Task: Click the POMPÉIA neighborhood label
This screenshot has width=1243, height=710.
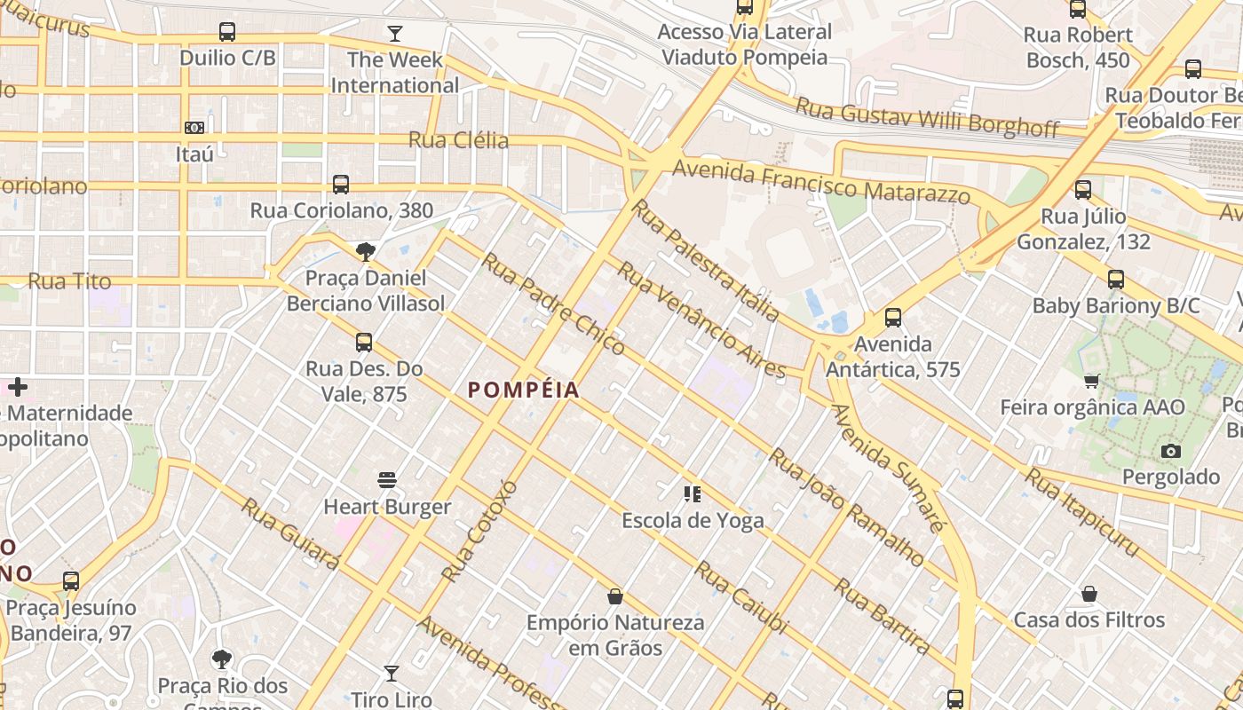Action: pyautogui.click(x=523, y=390)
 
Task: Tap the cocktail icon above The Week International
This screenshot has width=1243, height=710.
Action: pyautogui.click(x=395, y=34)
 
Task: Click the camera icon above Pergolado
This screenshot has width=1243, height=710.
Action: pyautogui.click(x=1171, y=451)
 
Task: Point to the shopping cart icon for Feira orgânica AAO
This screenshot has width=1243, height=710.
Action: pyautogui.click(x=1092, y=382)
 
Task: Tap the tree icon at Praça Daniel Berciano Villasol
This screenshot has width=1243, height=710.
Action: pyautogui.click(x=365, y=252)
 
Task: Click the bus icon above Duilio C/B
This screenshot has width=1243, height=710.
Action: pyautogui.click(x=227, y=32)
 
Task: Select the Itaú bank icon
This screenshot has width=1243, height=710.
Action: pyautogui.click(x=194, y=128)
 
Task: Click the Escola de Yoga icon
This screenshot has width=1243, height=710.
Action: pyautogui.click(x=693, y=494)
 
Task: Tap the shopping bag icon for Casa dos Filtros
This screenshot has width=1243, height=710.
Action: pyautogui.click(x=1089, y=594)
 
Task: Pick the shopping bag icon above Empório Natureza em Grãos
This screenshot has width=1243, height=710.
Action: pyautogui.click(x=614, y=596)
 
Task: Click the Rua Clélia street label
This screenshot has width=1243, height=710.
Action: pyautogui.click(x=458, y=140)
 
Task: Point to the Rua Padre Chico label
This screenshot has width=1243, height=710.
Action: pyautogui.click(x=552, y=303)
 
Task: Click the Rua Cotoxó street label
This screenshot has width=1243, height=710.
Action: pyautogui.click(x=479, y=531)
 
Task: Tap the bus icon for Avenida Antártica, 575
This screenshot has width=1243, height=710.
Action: pyautogui.click(x=893, y=318)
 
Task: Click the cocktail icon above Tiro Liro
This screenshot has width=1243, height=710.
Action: pyautogui.click(x=391, y=674)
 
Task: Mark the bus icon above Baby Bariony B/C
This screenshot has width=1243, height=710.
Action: pyautogui.click(x=1116, y=280)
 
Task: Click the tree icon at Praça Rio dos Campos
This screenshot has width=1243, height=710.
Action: pyautogui.click(x=222, y=659)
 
